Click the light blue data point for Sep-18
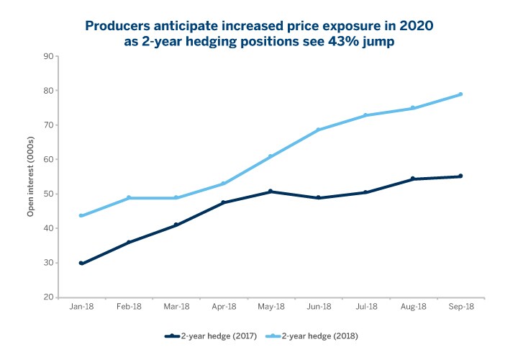tap(460, 94)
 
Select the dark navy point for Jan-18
tap(81, 264)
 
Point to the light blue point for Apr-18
tap(224, 184)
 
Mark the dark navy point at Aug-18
tap(413, 179)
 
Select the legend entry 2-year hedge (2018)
tap(319, 336)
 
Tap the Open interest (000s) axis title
tap(31, 176)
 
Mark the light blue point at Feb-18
tap(129, 197)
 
